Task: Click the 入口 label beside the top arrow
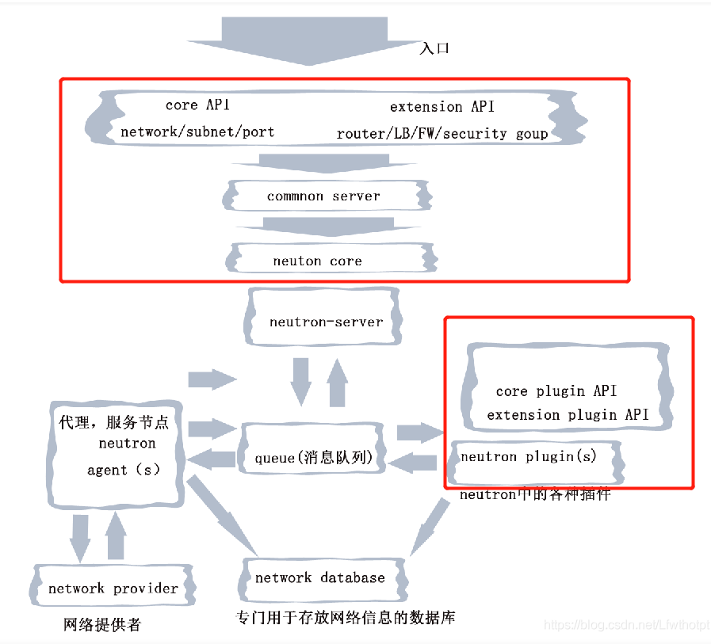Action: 434,48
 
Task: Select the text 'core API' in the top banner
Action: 197,105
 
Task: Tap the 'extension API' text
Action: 442,107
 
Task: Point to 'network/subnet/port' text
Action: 197,132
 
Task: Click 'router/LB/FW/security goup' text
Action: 442,134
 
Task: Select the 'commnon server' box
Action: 323,196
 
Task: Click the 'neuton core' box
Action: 317,261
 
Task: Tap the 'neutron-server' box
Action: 326,322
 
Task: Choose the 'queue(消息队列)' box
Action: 313,459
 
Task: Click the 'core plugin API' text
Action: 556,391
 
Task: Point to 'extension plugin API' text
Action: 568,415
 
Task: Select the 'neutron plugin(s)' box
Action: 529,457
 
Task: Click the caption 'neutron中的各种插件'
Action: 535,494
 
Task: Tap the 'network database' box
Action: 319,577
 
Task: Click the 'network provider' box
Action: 113,589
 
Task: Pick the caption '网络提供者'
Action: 101,625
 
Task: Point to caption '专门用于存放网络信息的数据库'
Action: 346,617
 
